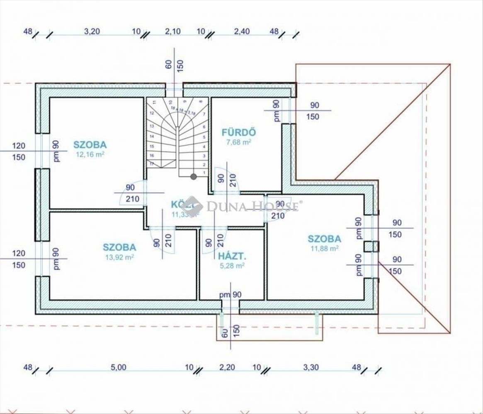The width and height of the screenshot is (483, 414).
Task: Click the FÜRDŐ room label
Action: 239,133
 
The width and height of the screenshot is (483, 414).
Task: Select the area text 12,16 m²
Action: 90,155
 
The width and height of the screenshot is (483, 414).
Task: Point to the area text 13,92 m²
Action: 119,257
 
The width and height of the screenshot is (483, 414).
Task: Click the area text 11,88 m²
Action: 325,248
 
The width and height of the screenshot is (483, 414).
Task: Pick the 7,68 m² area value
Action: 239,142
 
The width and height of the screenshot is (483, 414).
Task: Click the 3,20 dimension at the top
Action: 92,31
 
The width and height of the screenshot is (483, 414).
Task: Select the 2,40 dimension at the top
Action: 242,31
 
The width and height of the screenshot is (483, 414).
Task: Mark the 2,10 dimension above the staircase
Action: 172,31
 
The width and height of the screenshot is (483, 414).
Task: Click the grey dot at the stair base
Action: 194,177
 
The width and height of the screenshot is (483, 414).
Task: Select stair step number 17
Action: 152,164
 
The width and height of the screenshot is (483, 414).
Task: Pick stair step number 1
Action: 204,172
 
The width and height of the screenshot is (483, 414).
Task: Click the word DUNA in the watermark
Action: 224,205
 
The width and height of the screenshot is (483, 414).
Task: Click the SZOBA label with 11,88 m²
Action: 325,239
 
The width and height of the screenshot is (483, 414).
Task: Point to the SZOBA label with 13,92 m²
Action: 119,248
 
